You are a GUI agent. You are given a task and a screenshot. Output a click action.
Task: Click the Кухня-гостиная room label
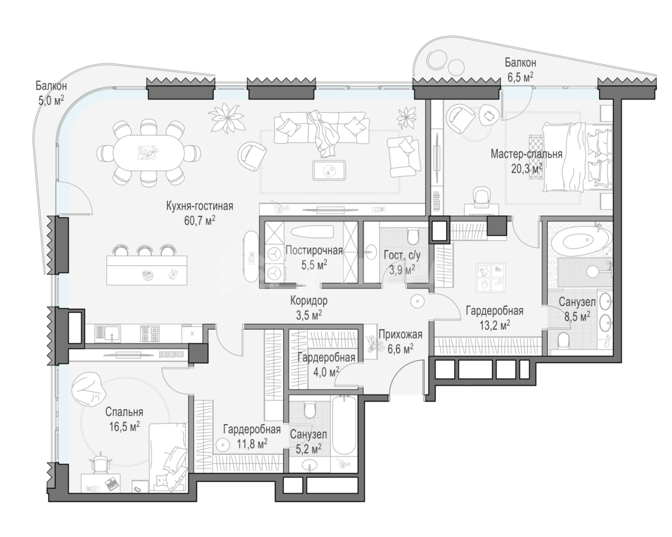(199, 206)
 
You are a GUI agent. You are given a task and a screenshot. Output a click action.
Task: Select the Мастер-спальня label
(526, 154)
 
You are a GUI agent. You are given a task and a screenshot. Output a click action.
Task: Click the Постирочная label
(313, 250)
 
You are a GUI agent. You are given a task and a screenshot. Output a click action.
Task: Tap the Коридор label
(310, 301)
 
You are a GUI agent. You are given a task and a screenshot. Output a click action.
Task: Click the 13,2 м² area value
(494, 325)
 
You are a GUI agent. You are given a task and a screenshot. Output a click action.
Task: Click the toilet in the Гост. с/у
(413, 233)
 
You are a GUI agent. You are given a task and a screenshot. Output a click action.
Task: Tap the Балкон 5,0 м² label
(51, 92)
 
